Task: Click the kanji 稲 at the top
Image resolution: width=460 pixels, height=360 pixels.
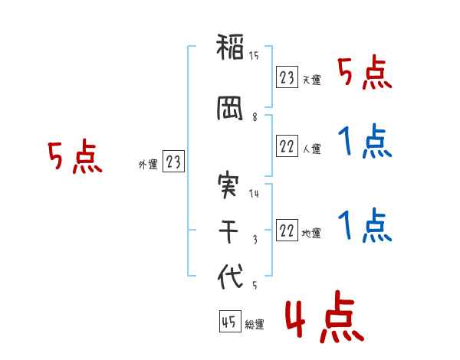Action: pyautogui.click(x=230, y=47)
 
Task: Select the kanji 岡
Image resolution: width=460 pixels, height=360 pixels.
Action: pyautogui.click(x=230, y=108)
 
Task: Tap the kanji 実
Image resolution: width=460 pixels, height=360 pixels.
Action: pyautogui.click(x=228, y=186)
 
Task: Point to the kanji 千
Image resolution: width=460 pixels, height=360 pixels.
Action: pyautogui.click(x=228, y=232)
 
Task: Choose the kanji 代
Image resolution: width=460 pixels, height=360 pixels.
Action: pyautogui.click(x=230, y=277)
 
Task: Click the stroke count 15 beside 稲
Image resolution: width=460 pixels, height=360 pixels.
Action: pyautogui.click(x=254, y=55)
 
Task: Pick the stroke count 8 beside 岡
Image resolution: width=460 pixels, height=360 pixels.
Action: pyautogui.click(x=255, y=117)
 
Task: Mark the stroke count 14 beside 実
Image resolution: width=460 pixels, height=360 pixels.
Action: pyautogui.click(x=254, y=193)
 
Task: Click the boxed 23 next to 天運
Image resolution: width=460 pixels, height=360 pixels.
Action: pyautogui.click(x=287, y=77)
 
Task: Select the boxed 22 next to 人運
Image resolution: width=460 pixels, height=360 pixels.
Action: pyautogui.click(x=287, y=146)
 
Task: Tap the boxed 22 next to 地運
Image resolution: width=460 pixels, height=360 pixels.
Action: pyautogui.click(x=287, y=230)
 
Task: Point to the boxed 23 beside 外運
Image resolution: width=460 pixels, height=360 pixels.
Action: pyautogui.click(x=173, y=161)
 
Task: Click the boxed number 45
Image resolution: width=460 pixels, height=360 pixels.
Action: pyautogui.click(x=230, y=321)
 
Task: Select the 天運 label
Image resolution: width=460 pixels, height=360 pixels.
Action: pyautogui.click(x=312, y=80)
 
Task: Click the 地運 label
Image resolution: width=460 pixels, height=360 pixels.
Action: pyautogui.click(x=311, y=234)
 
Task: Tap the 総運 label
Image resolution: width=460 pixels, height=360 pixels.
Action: pyautogui.click(x=255, y=325)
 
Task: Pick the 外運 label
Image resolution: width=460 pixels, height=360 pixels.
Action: pyautogui.click(x=148, y=165)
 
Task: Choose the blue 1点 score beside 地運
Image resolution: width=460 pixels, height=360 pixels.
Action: pyautogui.click(x=365, y=225)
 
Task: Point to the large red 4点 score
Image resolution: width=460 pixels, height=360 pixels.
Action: pyautogui.click(x=324, y=316)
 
